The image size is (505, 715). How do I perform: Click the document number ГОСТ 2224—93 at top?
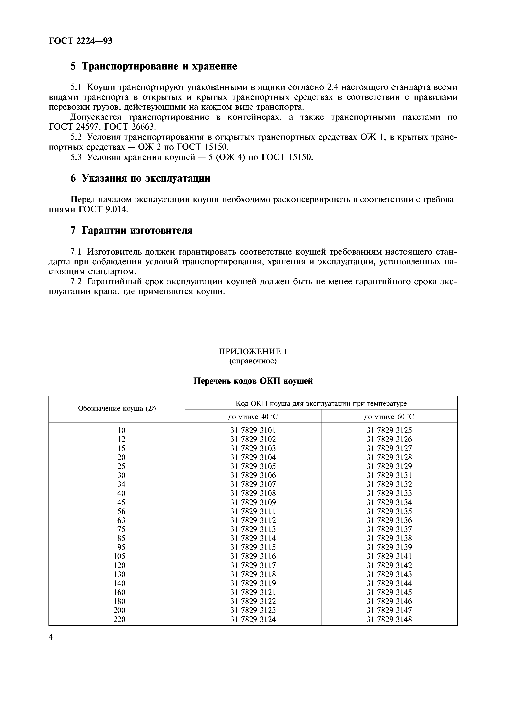click(81, 41)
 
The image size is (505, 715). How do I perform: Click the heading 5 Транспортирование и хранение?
click(154, 66)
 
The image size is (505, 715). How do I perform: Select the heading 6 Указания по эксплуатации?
click(140, 178)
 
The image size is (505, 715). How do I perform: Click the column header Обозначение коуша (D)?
click(117, 409)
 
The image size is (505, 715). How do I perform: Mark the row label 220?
click(120, 619)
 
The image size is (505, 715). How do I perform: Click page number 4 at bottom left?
click(51, 638)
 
